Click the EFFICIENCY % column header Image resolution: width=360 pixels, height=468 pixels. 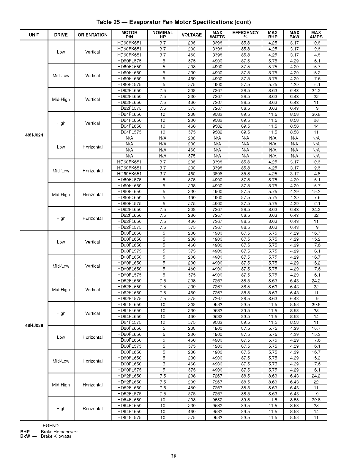(x=245, y=35)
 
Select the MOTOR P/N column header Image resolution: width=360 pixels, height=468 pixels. (x=130, y=35)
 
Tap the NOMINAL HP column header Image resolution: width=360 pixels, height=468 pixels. (x=162, y=35)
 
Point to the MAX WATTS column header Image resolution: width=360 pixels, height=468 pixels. (x=217, y=35)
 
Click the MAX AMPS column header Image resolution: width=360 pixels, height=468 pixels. (x=316, y=35)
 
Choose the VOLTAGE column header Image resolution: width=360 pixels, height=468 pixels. (x=192, y=35)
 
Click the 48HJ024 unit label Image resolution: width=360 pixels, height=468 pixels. (x=34, y=135)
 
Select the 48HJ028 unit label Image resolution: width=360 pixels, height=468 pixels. (x=34, y=325)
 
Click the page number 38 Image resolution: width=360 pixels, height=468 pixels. (x=174, y=456)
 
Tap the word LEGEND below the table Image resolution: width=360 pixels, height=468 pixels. (x=49, y=426)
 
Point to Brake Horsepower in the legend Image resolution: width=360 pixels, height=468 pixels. (x=59, y=432)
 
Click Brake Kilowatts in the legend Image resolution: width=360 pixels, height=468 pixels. (x=56, y=436)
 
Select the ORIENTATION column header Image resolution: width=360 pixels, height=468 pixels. (x=92, y=35)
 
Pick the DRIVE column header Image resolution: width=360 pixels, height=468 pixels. (x=61, y=35)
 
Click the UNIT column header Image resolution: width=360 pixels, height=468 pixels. (x=34, y=35)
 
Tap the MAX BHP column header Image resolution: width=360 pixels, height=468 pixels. (x=273, y=35)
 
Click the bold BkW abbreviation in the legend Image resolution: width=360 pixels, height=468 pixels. (x=25, y=436)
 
